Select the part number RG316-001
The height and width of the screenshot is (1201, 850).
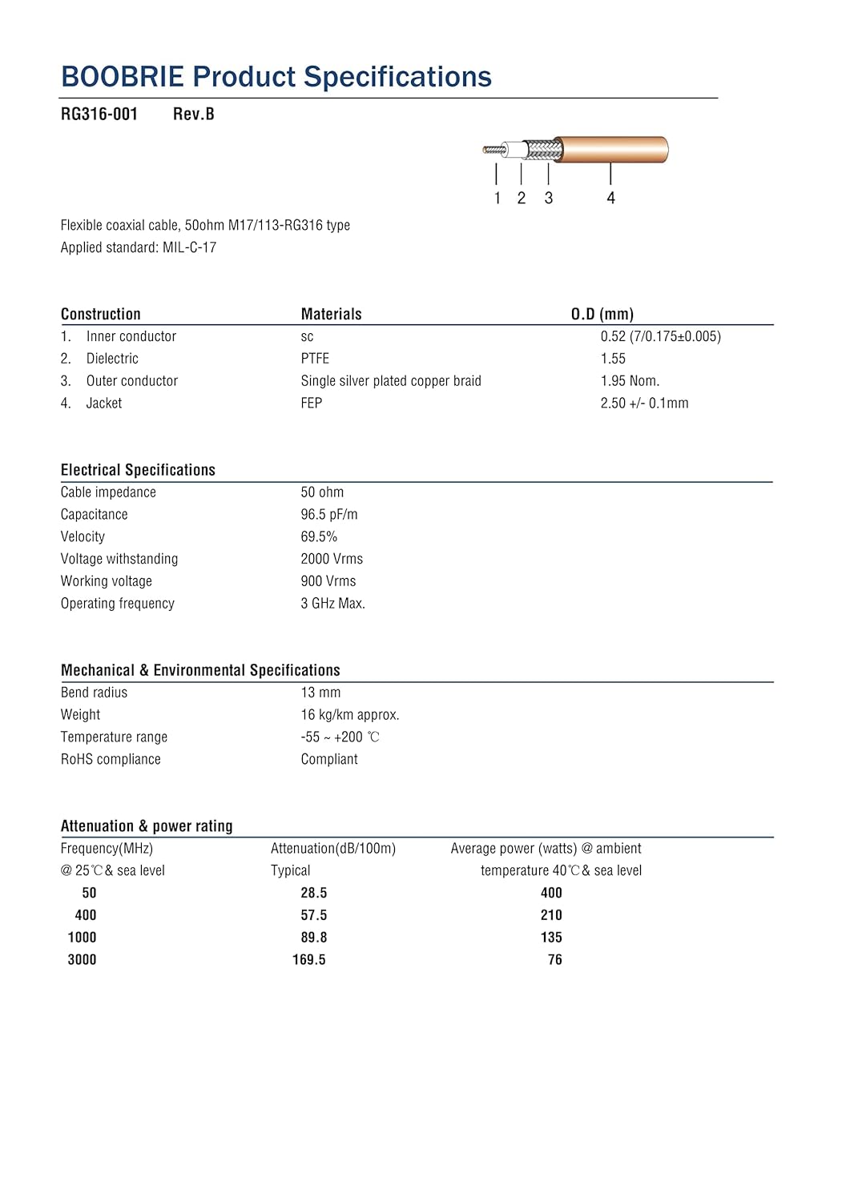(99, 114)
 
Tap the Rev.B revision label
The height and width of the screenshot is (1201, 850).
(193, 114)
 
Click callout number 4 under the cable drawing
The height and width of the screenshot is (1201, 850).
(610, 198)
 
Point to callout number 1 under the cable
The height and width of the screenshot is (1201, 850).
(498, 198)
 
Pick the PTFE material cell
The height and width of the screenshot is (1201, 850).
(315, 359)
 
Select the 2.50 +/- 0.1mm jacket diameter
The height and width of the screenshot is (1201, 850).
(644, 404)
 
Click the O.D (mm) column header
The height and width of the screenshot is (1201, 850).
(602, 314)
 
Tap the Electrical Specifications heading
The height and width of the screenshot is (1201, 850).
(138, 470)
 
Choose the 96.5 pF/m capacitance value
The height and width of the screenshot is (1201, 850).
(329, 515)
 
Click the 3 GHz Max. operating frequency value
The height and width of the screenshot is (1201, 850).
(332, 604)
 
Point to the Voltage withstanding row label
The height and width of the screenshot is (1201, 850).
(119, 559)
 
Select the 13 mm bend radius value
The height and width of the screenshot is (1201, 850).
(320, 693)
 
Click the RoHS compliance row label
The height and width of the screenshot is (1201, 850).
(111, 759)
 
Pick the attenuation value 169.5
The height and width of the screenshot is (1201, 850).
(308, 960)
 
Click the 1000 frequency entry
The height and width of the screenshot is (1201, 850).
(82, 938)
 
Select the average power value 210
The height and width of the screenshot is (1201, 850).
(551, 915)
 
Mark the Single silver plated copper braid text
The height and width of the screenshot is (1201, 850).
(391, 381)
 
